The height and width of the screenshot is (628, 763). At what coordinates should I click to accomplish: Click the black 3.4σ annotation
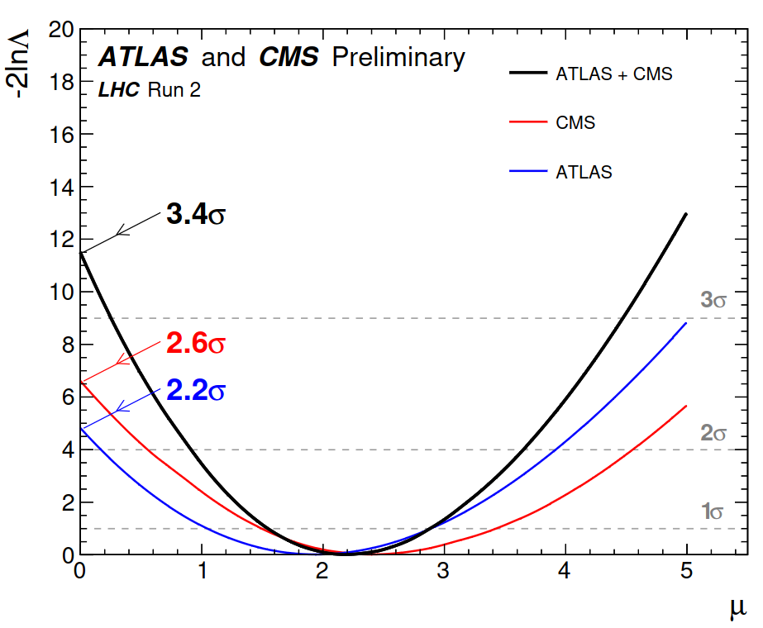(x=196, y=215)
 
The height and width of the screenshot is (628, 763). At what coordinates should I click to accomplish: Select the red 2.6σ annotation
(x=196, y=344)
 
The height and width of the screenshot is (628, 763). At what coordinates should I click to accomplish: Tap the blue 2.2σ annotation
(x=196, y=390)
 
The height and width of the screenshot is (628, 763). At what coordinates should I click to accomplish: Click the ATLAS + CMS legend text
(x=614, y=74)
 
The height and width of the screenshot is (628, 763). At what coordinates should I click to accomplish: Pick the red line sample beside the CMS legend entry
(x=528, y=123)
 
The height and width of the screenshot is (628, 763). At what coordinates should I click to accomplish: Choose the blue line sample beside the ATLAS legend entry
(x=528, y=172)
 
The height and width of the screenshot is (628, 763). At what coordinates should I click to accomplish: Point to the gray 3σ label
(x=714, y=300)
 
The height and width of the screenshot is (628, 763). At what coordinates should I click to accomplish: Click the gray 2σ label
(x=714, y=432)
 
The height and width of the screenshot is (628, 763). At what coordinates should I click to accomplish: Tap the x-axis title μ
(x=738, y=608)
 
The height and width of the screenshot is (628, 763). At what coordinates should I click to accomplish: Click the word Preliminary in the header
(x=398, y=57)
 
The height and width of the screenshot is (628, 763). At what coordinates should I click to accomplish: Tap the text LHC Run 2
(x=149, y=89)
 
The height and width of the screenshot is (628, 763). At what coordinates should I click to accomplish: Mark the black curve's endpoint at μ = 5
(x=686, y=214)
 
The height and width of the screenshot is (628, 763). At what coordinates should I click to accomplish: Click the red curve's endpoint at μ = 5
(x=686, y=406)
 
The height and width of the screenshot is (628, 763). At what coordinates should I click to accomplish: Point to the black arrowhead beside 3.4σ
(x=121, y=231)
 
